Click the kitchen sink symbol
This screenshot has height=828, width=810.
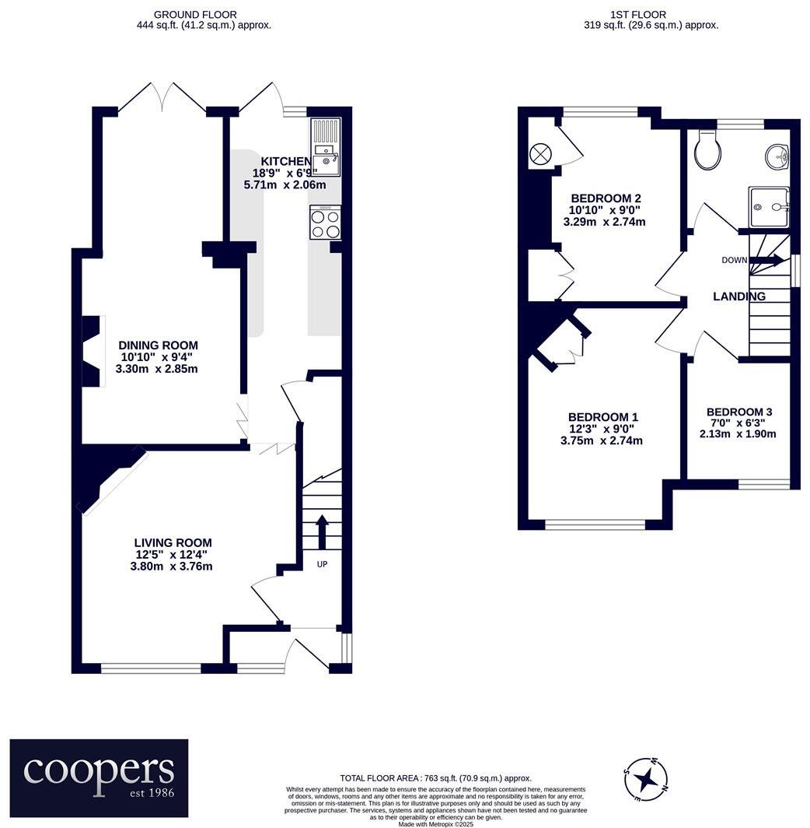(325, 148)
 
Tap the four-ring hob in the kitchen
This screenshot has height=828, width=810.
(325, 223)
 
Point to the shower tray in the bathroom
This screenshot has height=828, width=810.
(769, 206)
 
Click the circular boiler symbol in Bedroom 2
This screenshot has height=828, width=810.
(539, 154)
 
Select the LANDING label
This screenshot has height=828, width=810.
(739, 296)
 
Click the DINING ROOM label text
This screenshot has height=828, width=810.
(158, 345)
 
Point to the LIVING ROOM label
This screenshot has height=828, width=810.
(173, 542)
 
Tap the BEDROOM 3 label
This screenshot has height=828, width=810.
(738, 412)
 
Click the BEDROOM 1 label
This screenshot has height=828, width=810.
(603, 416)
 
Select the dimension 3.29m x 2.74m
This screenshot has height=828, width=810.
(604, 222)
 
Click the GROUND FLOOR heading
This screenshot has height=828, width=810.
(195, 14)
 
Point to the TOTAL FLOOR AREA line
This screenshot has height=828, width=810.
(435, 777)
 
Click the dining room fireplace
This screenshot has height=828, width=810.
(92, 351)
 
